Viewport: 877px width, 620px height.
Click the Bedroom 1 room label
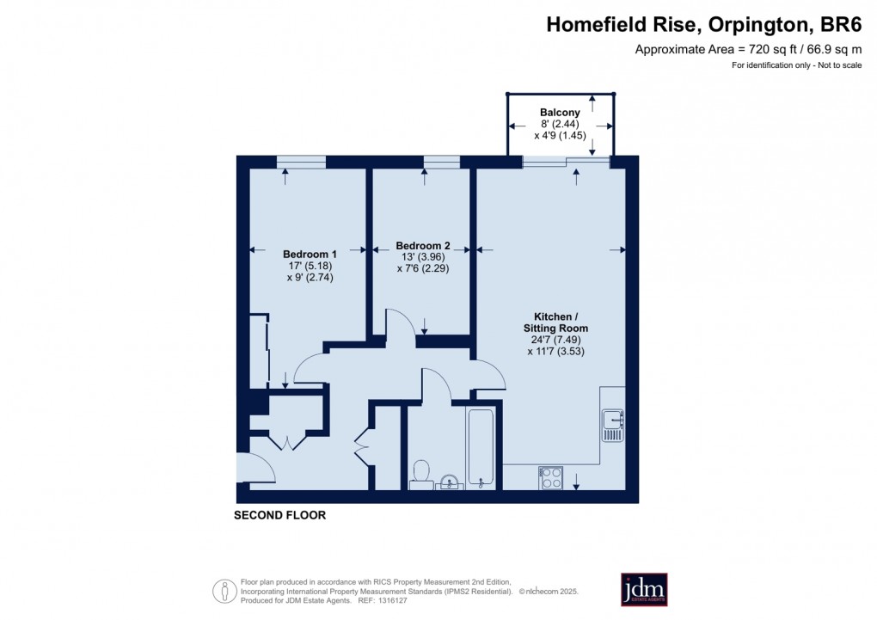point(310,255)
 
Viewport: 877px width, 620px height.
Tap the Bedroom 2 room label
point(422,245)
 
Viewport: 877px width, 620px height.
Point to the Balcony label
point(560,112)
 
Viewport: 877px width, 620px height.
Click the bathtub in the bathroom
point(481,447)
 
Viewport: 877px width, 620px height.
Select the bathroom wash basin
point(449,482)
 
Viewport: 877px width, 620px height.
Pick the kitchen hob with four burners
point(550,477)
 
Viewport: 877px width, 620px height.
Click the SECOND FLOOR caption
point(280,516)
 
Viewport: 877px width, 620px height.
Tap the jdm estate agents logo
point(644,589)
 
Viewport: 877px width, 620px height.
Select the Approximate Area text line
point(748,50)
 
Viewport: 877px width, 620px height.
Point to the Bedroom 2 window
point(442,161)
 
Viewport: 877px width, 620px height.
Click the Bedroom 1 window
point(301,161)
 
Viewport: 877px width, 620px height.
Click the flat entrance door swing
point(257,469)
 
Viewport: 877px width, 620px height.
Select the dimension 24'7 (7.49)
point(555,339)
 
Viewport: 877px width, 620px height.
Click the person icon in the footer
point(224,591)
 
